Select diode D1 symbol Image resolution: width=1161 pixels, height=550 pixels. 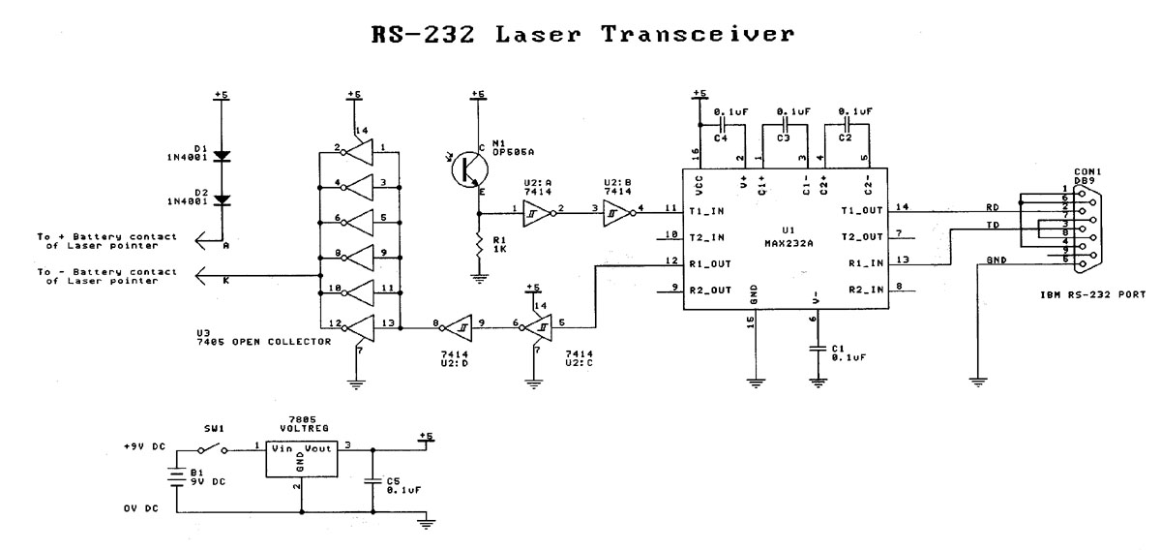pyautogui.click(x=222, y=155)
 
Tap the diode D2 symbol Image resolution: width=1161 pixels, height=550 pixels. pyautogui.click(x=222, y=199)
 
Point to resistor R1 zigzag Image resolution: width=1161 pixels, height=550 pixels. pyautogui.click(x=477, y=248)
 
